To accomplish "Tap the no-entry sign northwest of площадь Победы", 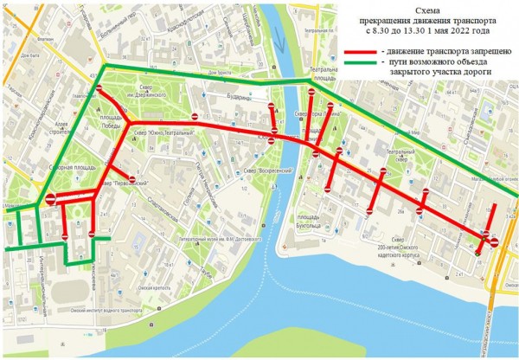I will (x=101, y=90).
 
